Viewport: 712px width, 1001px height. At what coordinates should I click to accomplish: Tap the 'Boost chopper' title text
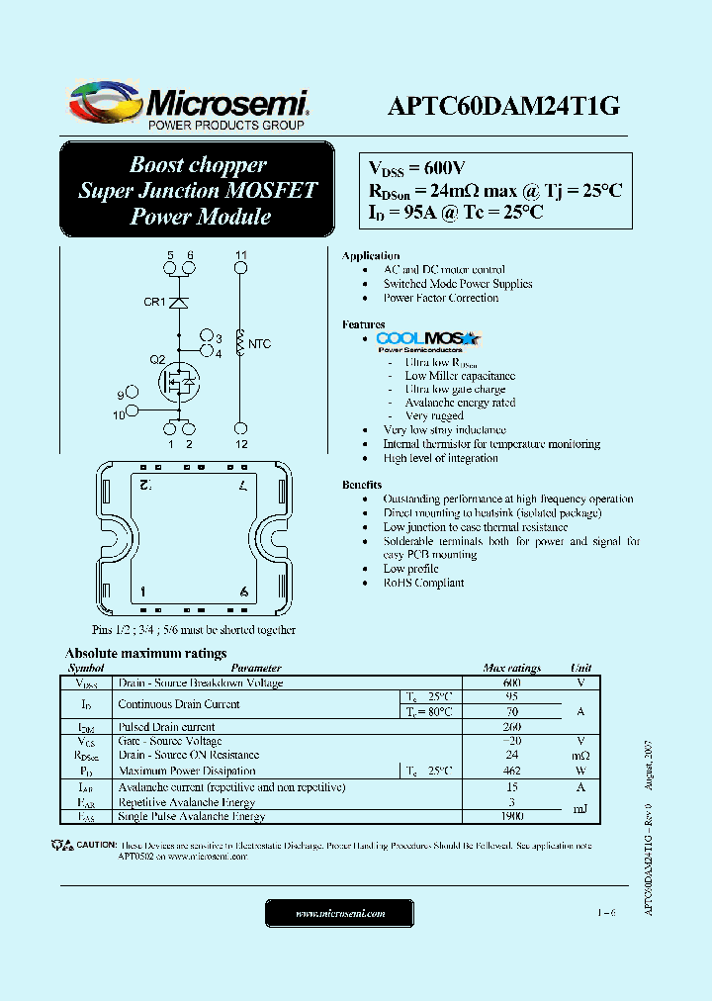pos(198,165)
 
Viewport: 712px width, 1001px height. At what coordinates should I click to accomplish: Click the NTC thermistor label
pos(259,344)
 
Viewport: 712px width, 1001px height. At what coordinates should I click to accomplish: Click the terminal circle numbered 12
pos(240,428)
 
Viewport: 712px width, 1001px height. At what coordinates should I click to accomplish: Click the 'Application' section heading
pos(371,256)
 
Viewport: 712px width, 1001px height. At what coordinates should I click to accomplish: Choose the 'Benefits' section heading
pos(363,485)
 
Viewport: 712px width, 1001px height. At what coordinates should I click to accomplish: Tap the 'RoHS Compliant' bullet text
pos(423,583)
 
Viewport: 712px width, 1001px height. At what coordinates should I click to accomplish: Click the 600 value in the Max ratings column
pos(511,683)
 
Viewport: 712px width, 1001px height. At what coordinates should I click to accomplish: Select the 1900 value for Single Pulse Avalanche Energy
pos(511,817)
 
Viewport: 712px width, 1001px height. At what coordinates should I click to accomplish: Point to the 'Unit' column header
pos(581,669)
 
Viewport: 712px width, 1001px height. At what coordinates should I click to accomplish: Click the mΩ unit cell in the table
pos(581,756)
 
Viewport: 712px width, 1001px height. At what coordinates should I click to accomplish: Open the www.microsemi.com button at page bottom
pos(340,914)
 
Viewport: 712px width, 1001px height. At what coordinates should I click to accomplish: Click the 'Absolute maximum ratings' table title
pos(145,654)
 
